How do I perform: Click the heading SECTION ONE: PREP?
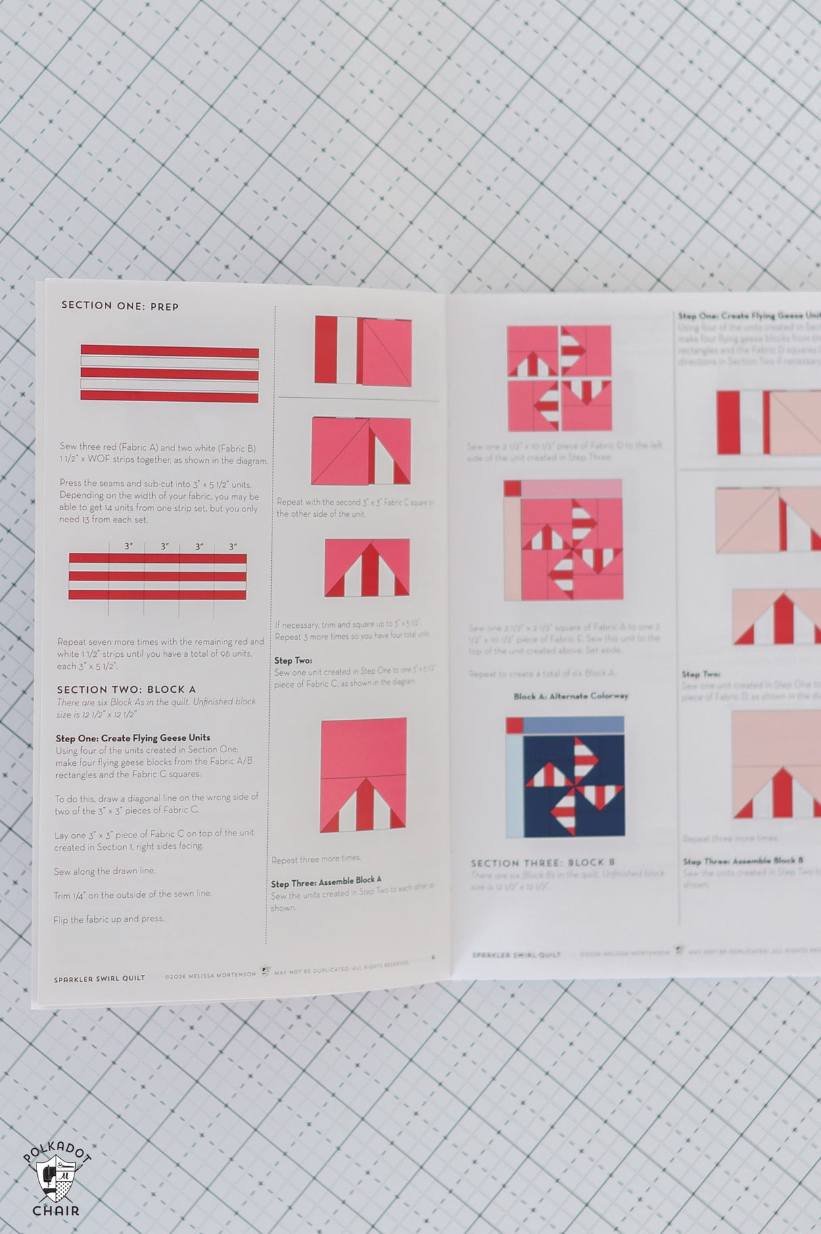point(120,306)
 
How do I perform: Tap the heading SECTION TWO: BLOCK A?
point(126,689)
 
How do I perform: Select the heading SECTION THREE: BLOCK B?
point(542,863)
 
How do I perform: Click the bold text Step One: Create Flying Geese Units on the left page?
point(133,737)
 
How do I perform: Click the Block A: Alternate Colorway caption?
point(570,695)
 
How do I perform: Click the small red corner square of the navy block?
point(514,725)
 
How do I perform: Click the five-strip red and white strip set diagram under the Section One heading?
point(169,373)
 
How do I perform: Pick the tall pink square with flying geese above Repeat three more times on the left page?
point(363,775)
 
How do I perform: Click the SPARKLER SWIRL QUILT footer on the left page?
point(99,978)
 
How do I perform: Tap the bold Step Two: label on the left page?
point(293,660)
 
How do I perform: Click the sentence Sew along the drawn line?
point(104,871)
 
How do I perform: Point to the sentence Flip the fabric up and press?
point(108,919)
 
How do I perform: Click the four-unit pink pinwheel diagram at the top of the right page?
point(559,378)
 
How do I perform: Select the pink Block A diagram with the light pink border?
point(563,540)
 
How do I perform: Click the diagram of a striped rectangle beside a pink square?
point(362,351)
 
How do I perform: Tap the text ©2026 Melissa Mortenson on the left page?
point(210,975)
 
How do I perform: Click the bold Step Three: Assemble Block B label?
point(742,861)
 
